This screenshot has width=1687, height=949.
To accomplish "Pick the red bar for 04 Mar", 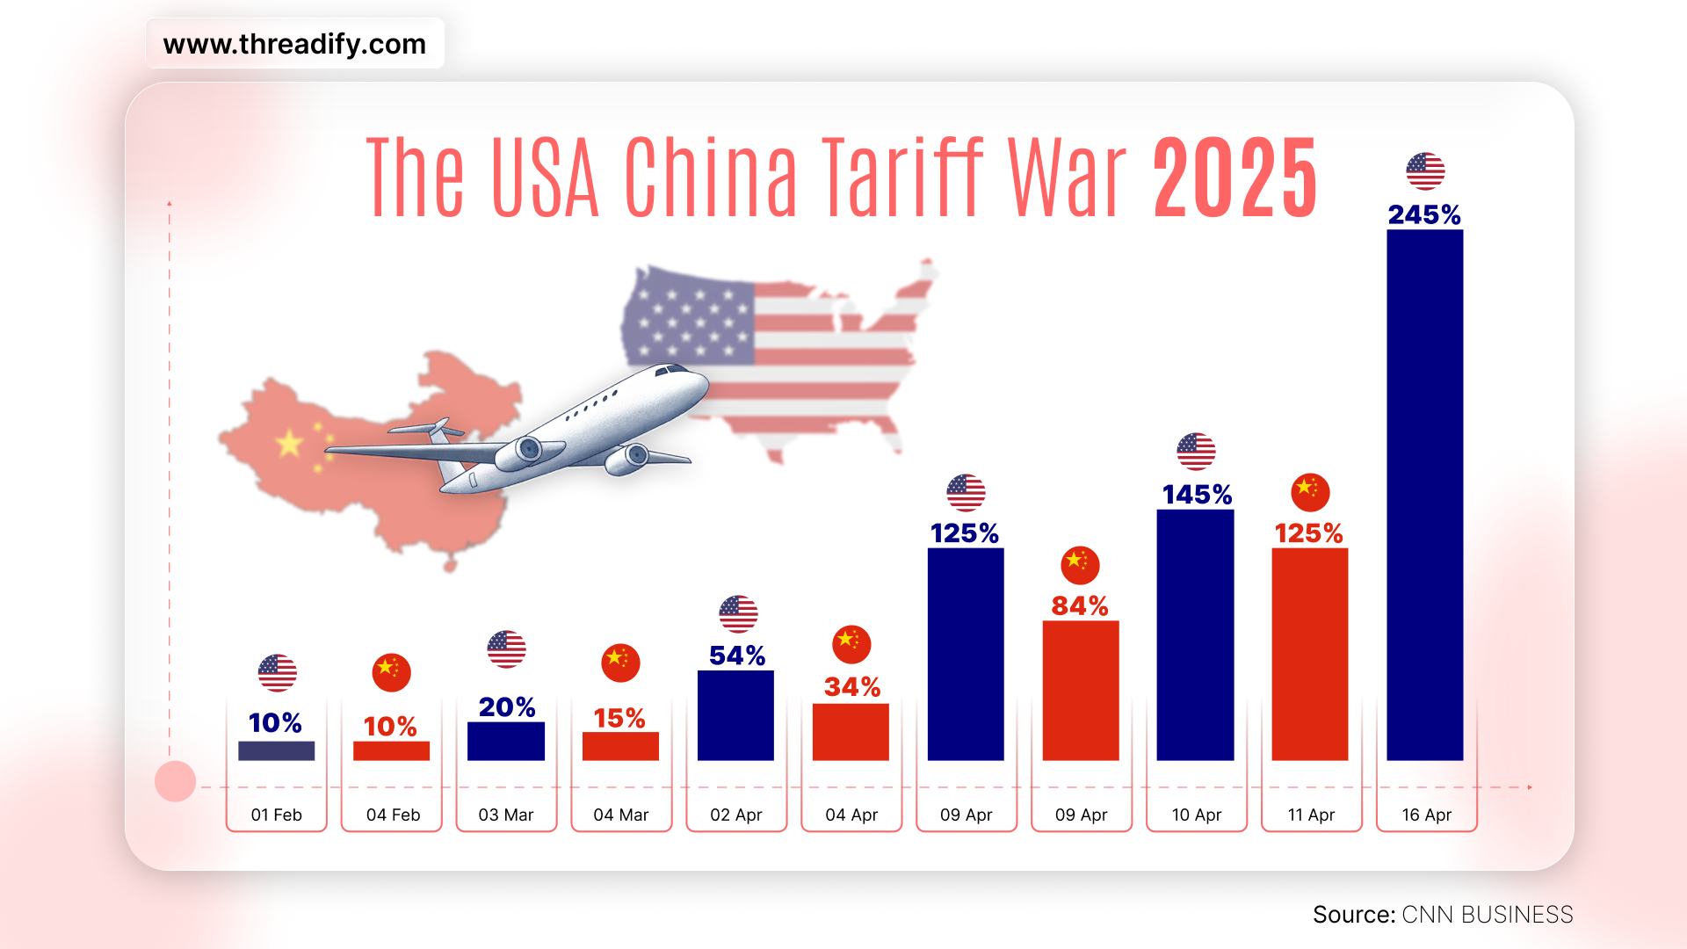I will click(x=620, y=746).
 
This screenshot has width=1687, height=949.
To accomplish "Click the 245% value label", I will click(x=1424, y=214).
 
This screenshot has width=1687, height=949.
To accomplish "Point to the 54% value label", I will click(x=736, y=656).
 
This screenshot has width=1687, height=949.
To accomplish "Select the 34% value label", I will click(x=851, y=686).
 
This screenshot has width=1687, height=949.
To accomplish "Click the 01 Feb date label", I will click(x=276, y=815).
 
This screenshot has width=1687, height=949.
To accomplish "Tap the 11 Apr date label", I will click(x=1311, y=815).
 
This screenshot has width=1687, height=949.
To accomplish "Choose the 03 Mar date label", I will click(x=506, y=815).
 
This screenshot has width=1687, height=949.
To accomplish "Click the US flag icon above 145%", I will click(x=1196, y=452).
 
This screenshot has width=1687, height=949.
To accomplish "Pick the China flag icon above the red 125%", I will click(x=1310, y=492).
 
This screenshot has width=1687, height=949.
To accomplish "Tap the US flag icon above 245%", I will click(x=1424, y=171).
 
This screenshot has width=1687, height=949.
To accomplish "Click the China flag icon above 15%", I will click(x=620, y=663).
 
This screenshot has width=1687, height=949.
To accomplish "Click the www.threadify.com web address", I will click(x=294, y=44).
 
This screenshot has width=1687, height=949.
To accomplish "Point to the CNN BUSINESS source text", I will click(x=1487, y=915).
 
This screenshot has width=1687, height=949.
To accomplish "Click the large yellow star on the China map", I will click(x=289, y=443).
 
